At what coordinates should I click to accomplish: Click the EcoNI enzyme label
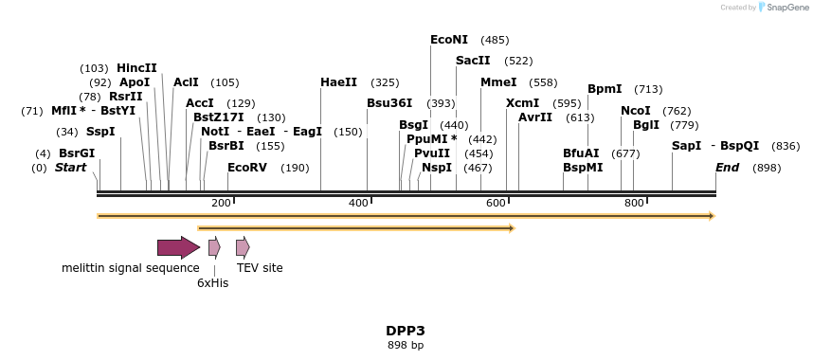click(449, 40)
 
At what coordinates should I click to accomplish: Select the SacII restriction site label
click(473, 61)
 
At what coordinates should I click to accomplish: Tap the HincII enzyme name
click(136, 68)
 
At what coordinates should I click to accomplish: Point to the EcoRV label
click(247, 168)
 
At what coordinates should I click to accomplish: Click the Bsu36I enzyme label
click(389, 103)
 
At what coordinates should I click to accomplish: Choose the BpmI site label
click(605, 89)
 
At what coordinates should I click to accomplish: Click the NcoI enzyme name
click(636, 111)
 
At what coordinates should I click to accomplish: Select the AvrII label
click(535, 117)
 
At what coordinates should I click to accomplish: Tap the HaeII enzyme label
click(338, 82)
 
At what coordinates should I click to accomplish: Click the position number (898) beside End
click(767, 168)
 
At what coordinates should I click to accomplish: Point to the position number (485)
click(495, 40)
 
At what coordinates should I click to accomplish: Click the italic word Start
click(70, 168)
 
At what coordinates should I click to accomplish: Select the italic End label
click(727, 168)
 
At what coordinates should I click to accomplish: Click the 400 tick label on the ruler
click(359, 203)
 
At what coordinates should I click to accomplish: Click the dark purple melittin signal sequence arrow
click(178, 247)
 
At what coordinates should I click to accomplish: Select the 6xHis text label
click(212, 282)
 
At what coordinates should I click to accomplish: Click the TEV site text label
click(260, 268)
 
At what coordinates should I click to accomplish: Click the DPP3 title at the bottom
click(405, 331)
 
